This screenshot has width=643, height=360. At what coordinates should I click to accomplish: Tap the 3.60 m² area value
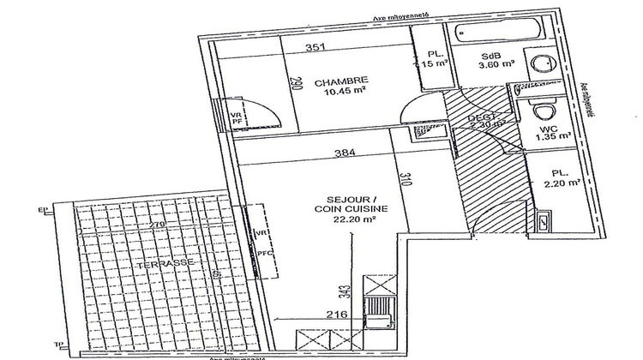(495, 63)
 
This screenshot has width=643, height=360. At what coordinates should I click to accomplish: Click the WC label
(547, 129)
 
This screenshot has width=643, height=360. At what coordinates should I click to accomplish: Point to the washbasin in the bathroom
(541, 65)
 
